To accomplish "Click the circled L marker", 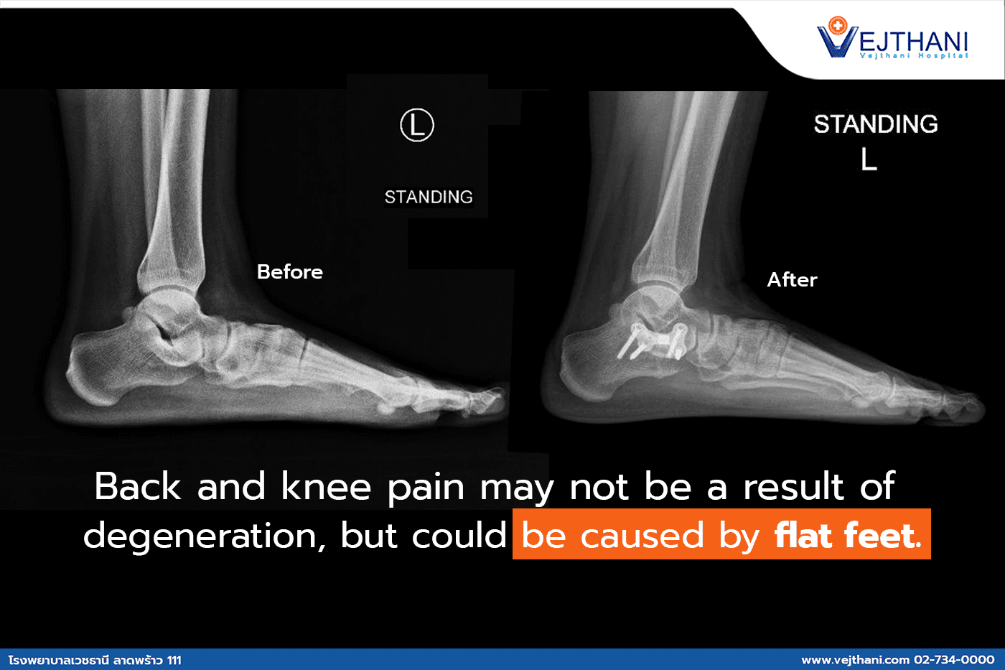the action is [417, 125].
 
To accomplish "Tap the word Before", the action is [290, 272].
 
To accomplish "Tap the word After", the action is [793, 279].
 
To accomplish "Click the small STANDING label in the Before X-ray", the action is [429, 197].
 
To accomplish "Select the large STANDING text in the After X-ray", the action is [876, 124].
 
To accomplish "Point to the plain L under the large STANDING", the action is [869, 159].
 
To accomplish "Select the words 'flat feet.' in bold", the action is [849, 535].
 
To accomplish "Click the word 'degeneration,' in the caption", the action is [205, 536].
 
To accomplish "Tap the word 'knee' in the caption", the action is [326, 486].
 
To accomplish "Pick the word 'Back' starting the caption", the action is [138, 486].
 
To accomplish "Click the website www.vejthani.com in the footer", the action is [855, 660].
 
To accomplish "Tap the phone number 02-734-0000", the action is [954, 660].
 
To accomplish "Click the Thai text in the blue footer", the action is [95, 660].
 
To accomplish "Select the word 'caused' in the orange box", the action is [642, 536].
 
